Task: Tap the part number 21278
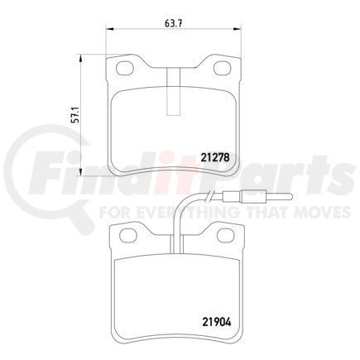[216, 155]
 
